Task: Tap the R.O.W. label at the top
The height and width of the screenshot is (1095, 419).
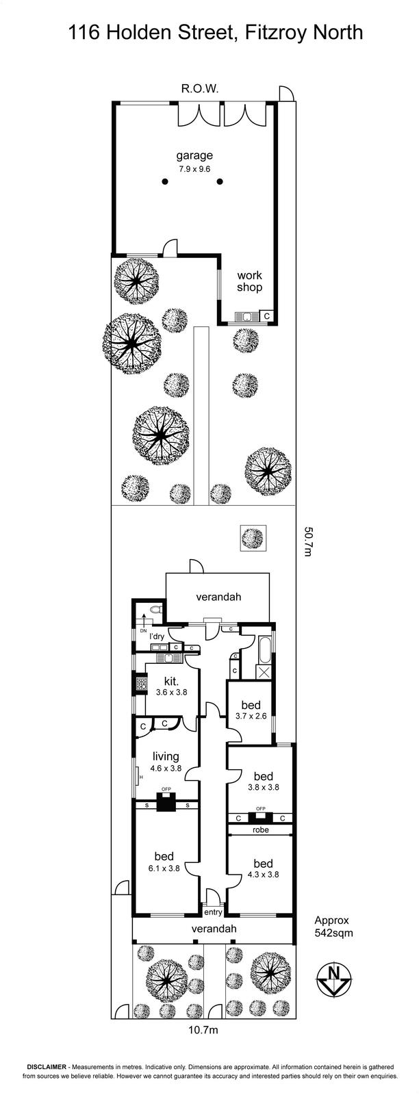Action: click(199, 89)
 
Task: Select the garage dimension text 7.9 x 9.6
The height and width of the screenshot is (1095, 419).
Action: click(194, 169)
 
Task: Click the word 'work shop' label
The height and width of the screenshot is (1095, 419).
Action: click(249, 281)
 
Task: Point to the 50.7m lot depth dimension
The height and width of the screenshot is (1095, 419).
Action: click(308, 541)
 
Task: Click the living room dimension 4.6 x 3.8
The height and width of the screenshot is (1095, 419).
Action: click(166, 768)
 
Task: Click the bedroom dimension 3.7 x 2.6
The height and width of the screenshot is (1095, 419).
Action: click(251, 716)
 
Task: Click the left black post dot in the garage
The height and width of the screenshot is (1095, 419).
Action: click(165, 182)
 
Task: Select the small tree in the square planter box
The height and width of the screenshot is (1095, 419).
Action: click(253, 537)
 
